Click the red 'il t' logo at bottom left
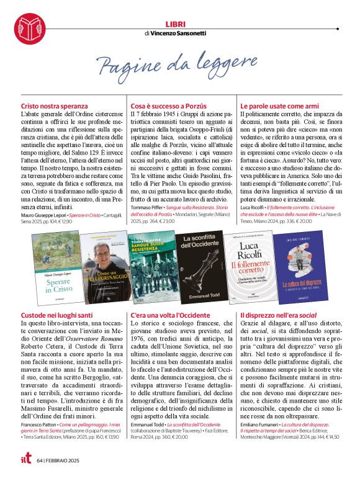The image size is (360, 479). (22, 460)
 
